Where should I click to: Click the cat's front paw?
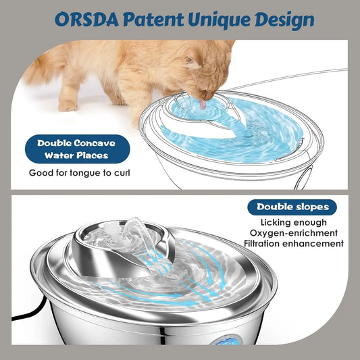pos(68,105)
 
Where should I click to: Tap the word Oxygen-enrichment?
pos(298,233)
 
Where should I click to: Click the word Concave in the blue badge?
pos(95,143)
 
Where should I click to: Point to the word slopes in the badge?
pos(313,207)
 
